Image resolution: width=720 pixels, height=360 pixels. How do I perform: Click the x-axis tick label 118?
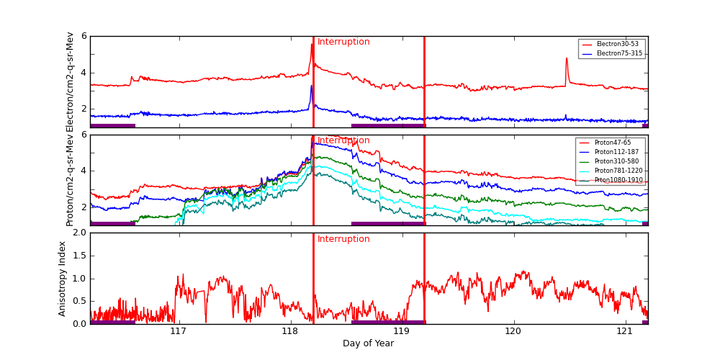coord(290,331)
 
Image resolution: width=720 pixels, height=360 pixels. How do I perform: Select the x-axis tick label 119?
coord(402,331)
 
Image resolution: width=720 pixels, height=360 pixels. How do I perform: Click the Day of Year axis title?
coord(368,343)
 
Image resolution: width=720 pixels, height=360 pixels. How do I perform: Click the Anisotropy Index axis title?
coord(62,278)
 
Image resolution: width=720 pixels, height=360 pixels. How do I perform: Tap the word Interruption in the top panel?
coord(343,42)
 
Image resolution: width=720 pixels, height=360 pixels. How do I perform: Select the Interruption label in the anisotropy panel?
coord(343,239)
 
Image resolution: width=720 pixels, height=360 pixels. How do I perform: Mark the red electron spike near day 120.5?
coord(567,59)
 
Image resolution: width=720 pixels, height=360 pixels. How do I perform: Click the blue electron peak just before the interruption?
coord(312,86)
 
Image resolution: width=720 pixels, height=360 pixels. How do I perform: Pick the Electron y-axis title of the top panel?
coord(70,81)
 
